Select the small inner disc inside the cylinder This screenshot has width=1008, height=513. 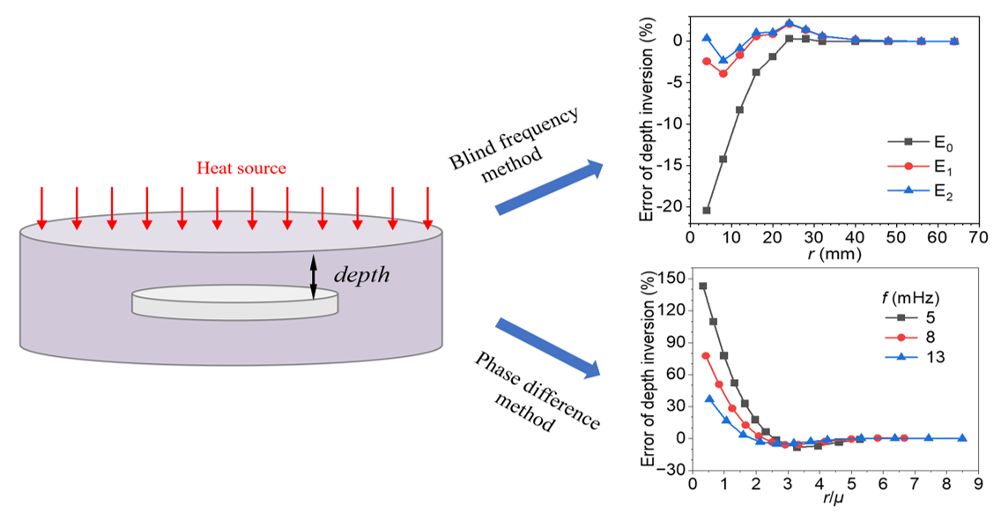click(235, 302)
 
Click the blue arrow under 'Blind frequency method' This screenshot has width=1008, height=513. click(550, 188)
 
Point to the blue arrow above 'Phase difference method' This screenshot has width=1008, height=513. click(548, 346)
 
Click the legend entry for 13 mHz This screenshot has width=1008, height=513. click(900, 356)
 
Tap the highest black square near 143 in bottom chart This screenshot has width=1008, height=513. click(702, 286)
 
